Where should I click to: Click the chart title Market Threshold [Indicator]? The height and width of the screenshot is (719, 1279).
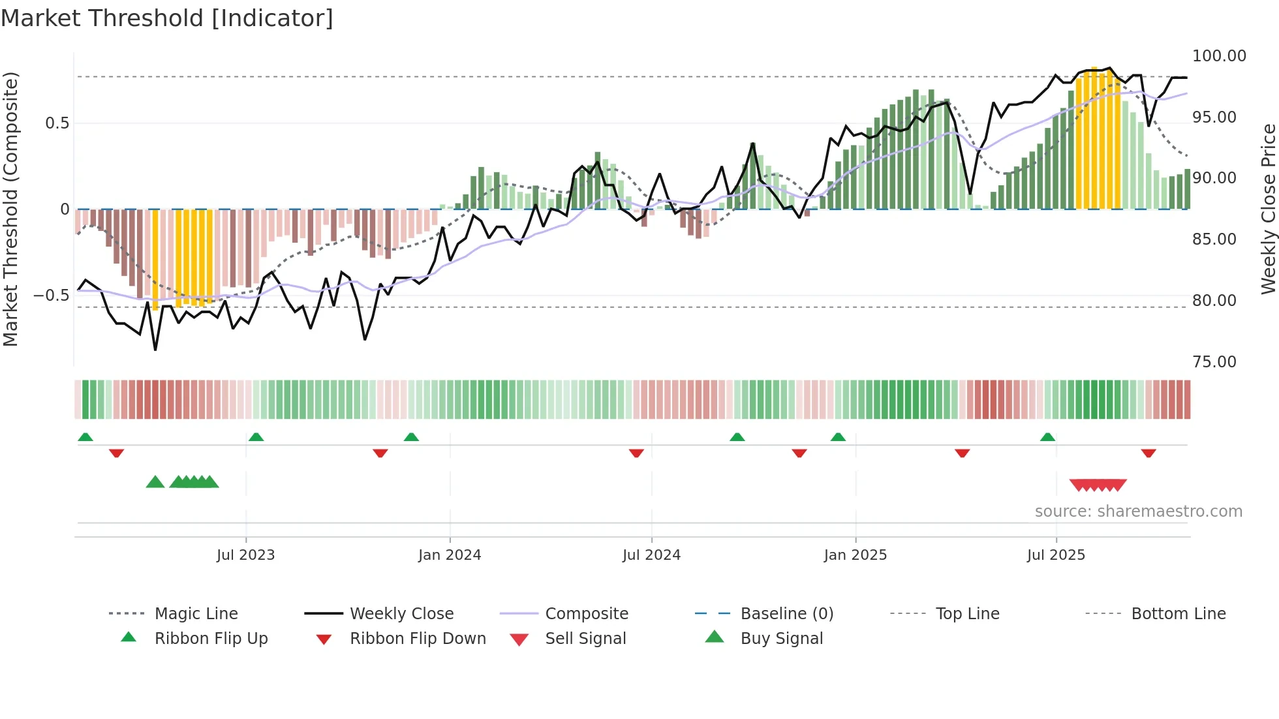tap(167, 18)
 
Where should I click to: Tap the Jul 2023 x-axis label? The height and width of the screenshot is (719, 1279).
tap(245, 555)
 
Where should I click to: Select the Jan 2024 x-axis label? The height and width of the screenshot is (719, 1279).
tap(450, 555)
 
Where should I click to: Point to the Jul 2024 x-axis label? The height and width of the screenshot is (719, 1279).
tap(651, 555)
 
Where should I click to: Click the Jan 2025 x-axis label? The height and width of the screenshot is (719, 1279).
tap(855, 555)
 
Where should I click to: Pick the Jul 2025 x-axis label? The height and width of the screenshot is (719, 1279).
tap(1056, 555)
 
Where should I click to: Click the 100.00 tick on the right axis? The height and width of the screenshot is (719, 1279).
tap(1219, 56)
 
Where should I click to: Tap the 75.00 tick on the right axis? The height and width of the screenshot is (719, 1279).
tap(1214, 362)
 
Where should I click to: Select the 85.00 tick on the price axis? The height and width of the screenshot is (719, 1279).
tap(1214, 239)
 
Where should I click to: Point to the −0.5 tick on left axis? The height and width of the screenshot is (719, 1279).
tap(51, 296)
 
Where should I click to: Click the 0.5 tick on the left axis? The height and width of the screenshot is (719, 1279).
tap(57, 123)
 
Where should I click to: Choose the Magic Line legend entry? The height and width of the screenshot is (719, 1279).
tap(196, 614)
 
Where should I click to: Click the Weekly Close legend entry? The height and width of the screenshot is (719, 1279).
tap(401, 614)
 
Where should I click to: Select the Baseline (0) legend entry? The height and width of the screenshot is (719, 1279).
tap(786, 614)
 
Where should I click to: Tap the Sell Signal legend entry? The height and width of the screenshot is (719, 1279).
tap(585, 639)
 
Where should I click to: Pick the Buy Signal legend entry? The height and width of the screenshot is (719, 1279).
tap(781, 639)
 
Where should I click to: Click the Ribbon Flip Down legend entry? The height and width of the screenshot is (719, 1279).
tap(418, 639)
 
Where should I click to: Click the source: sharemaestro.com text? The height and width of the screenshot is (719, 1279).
tap(1138, 512)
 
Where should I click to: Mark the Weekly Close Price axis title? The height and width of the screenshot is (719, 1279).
tap(1268, 209)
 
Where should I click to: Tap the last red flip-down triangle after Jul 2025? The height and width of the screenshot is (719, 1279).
tap(1148, 453)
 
